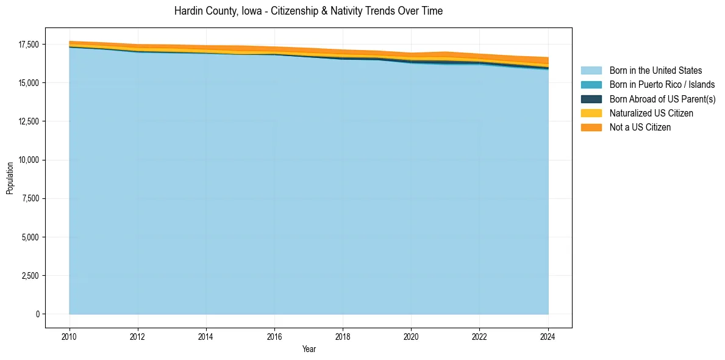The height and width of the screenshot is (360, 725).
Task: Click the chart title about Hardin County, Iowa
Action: click(x=308, y=11)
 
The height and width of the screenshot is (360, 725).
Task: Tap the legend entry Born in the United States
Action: click(x=655, y=71)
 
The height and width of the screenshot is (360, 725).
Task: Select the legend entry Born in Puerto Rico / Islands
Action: click(x=662, y=85)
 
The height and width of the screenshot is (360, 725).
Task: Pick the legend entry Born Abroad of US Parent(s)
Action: click(x=662, y=99)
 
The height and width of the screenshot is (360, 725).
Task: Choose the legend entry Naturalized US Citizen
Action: click(x=651, y=113)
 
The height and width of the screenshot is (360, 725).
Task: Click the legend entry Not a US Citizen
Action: click(x=640, y=127)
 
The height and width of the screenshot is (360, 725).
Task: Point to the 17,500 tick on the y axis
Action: click(x=29, y=45)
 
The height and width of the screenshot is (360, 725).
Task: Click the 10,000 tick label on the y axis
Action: click(x=29, y=160)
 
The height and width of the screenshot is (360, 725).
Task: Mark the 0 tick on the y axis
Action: click(x=38, y=314)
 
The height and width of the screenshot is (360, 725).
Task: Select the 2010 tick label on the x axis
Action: click(x=70, y=336)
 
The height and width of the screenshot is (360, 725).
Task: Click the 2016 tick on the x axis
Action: click(x=274, y=336)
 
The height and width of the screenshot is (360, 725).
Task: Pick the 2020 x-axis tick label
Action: click(x=412, y=336)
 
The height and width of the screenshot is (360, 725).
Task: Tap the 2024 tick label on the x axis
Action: click(x=548, y=336)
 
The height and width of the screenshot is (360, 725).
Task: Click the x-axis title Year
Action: click(x=309, y=349)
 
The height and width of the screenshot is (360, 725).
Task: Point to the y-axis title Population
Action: click(x=10, y=178)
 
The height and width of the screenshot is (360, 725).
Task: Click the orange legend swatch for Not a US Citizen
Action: click(x=591, y=127)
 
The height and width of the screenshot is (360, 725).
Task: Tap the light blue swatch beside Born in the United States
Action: click(x=591, y=71)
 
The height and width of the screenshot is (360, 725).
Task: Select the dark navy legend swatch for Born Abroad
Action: click(x=591, y=99)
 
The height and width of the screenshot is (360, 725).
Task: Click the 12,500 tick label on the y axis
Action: click(x=29, y=121)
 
